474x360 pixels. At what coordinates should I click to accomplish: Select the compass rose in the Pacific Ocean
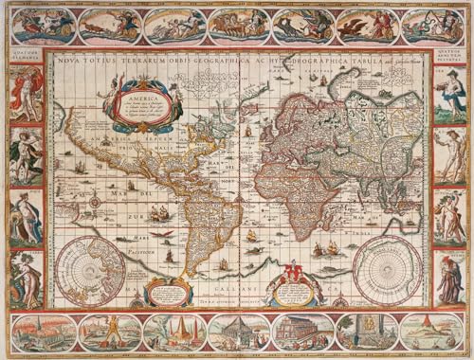(x=95, y=202)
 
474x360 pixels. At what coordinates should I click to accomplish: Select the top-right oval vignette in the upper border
(x=431, y=26)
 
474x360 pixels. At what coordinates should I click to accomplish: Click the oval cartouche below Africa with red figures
(x=294, y=287)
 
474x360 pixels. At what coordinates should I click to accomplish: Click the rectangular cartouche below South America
(x=170, y=292)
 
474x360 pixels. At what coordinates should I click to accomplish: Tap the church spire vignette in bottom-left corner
(x=43, y=332)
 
